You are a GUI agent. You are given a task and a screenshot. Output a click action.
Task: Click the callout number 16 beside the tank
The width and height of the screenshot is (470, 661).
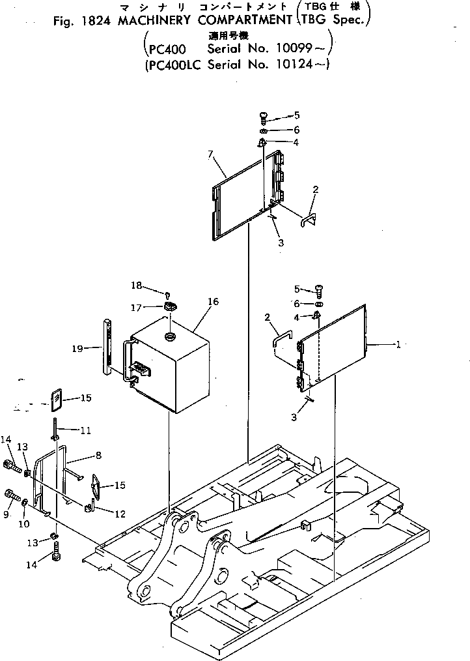coord(214,302)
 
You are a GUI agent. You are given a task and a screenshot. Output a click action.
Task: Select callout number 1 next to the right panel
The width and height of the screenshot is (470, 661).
coord(397,345)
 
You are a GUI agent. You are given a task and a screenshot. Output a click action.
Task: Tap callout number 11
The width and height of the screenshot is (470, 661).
coord(85,430)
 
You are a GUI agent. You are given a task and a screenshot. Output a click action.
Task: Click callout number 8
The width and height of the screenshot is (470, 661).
coord(97,456)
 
